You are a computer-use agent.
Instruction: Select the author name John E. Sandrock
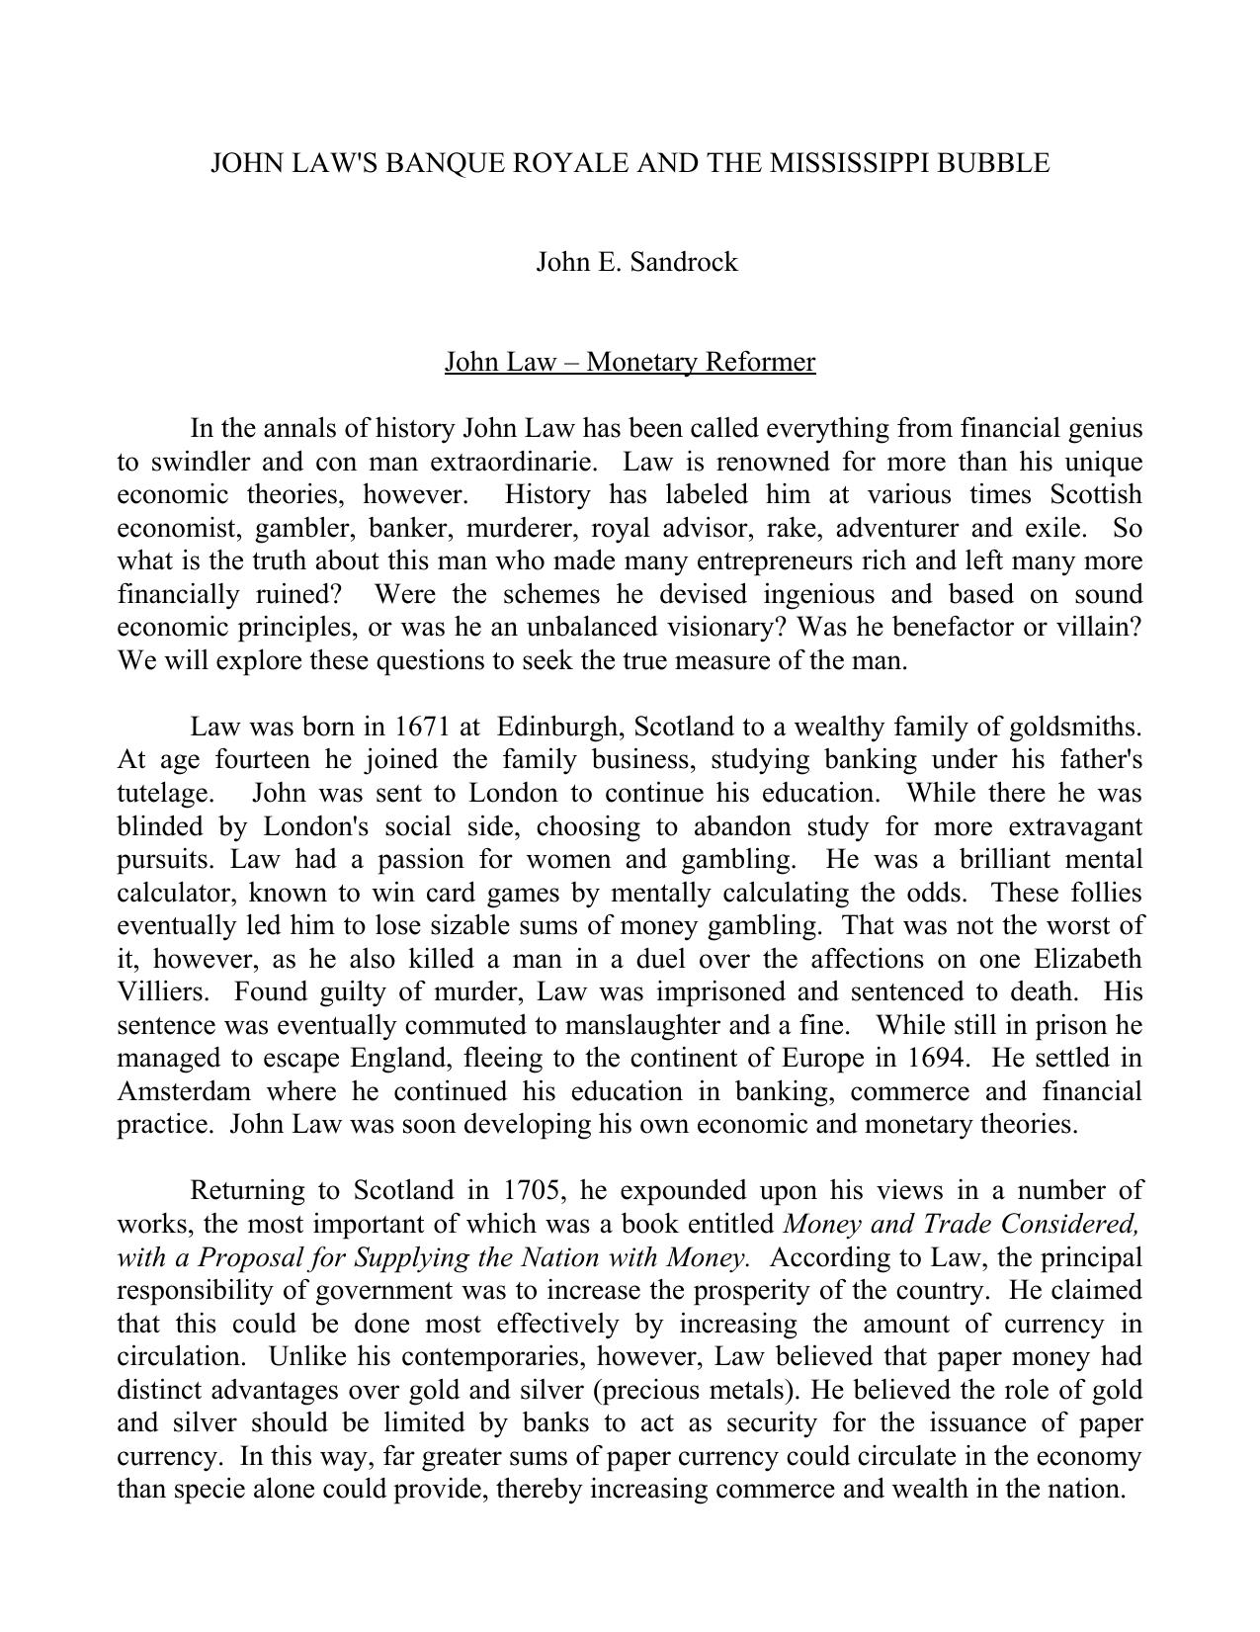(636, 262)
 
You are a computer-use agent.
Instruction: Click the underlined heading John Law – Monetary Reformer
(630, 362)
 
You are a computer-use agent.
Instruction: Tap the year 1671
(422, 728)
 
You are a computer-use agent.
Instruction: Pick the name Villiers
(161, 991)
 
